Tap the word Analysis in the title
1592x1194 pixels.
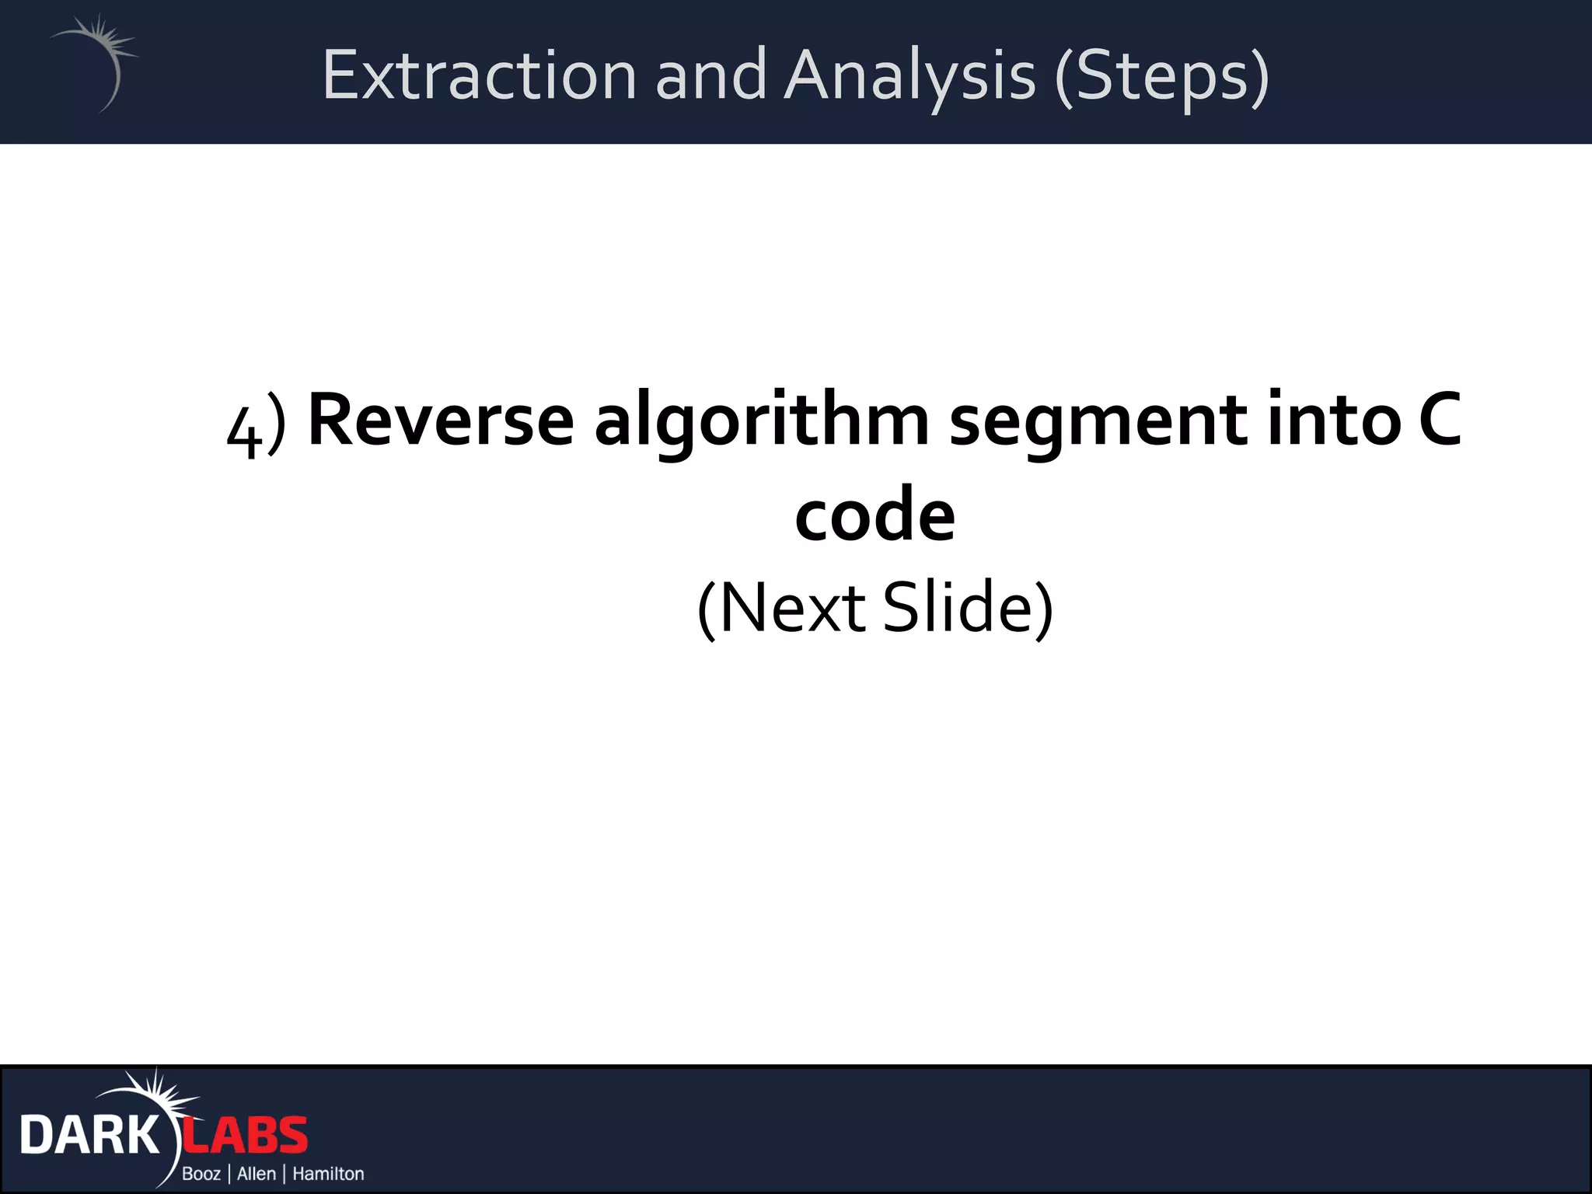click(x=909, y=75)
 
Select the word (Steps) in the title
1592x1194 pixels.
click(x=1161, y=75)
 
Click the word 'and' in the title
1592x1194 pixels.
click(x=710, y=75)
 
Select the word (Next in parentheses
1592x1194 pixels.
click(x=780, y=608)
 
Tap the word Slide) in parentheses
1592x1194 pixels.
click(x=968, y=608)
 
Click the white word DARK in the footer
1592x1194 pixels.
click(x=89, y=1136)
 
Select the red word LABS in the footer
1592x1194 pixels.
click(x=246, y=1136)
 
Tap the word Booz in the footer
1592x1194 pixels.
click(x=201, y=1174)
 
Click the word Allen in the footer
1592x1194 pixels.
click(x=257, y=1174)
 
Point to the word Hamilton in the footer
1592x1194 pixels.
click(x=328, y=1174)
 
